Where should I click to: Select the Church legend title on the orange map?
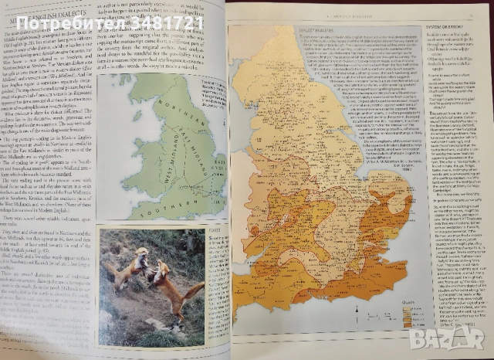click(x=406, y=304)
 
